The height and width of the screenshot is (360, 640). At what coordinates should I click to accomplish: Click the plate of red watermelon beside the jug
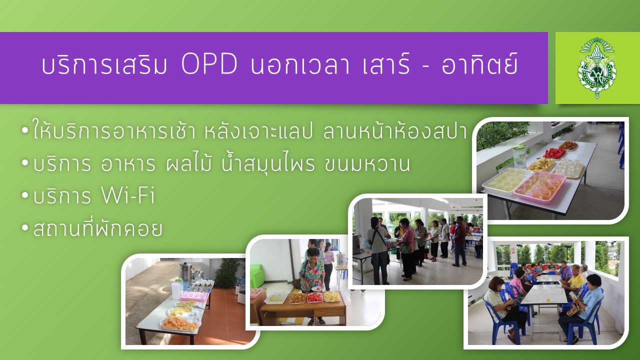(x=554, y=153)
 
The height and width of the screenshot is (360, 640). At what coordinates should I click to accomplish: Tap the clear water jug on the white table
(x=519, y=156)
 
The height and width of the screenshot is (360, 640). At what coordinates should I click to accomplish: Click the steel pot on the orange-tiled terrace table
(x=185, y=270)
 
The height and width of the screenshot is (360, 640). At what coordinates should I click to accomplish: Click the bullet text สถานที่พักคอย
(x=97, y=228)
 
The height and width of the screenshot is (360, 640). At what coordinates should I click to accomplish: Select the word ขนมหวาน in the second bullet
(x=367, y=164)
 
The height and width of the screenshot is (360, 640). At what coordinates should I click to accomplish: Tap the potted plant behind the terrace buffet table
(x=227, y=273)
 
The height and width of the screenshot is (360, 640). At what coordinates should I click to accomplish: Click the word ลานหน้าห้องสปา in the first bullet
(x=395, y=132)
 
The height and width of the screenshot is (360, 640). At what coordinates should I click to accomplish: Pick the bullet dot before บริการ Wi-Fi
(x=25, y=196)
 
